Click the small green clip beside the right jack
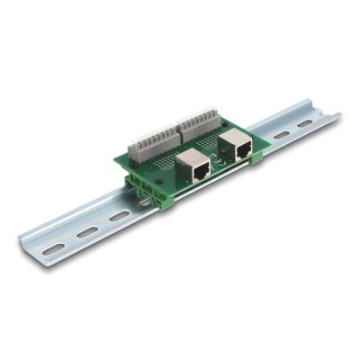click(x=257, y=158)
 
